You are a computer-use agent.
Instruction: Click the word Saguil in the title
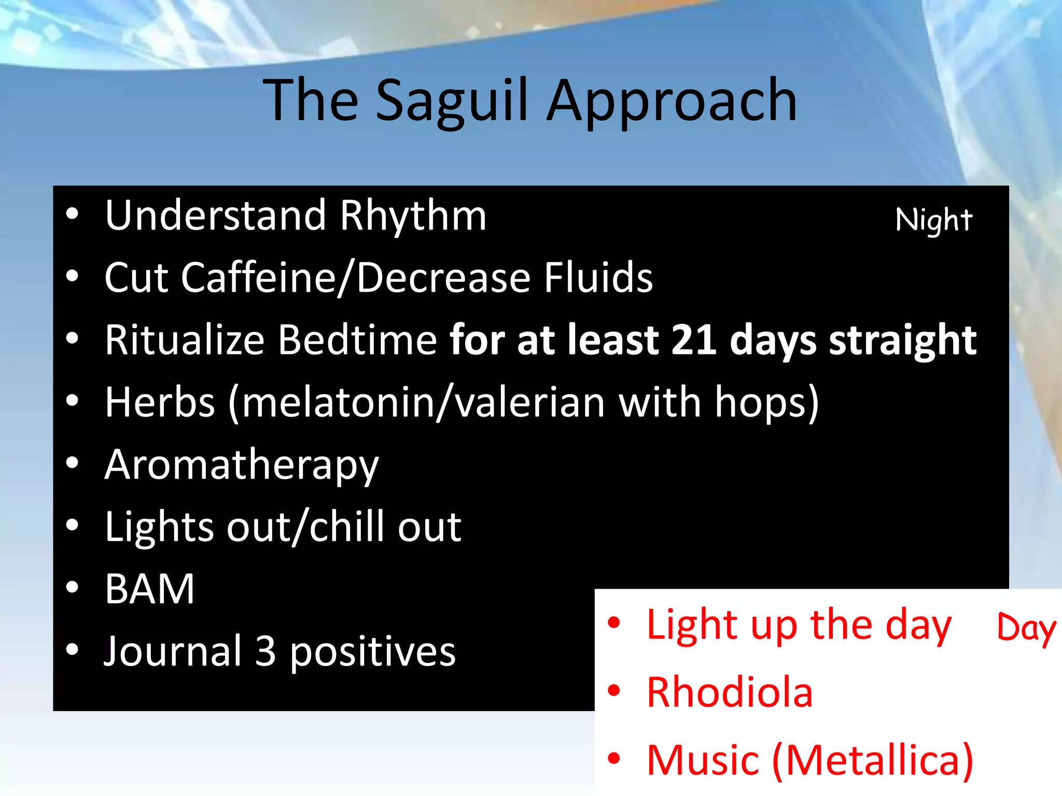[x=451, y=101]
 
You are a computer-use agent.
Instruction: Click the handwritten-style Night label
[x=933, y=220]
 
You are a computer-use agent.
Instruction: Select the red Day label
[x=1026, y=628]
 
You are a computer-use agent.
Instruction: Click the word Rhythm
[x=413, y=216]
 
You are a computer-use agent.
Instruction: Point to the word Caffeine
[x=259, y=278]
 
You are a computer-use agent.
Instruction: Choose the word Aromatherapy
[x=242, y=465]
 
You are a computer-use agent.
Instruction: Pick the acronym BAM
[x=149, y=589]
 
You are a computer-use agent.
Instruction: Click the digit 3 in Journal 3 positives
[x=265, y=651]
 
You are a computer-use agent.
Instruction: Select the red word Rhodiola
[x=729, y=692]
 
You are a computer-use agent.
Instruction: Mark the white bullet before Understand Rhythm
[x=72, y=214]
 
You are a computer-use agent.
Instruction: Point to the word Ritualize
[x=185, y=340]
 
